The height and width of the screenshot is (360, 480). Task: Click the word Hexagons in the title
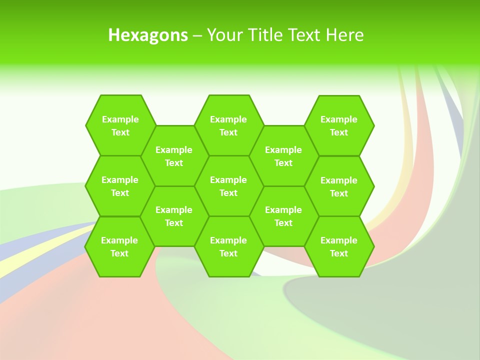[x=148, y=35]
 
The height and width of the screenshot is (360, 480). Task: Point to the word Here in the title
[x=345, y=35]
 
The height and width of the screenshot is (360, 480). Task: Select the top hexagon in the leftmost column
[x=120, y=125]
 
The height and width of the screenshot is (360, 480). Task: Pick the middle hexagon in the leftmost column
[x=120, y=186]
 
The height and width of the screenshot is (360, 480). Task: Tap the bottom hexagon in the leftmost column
[x=119, y=246]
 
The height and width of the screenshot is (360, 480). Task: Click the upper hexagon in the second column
[x=174, y=156]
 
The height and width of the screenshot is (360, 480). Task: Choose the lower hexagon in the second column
[x=174, y=216]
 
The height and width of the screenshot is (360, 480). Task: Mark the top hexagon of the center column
[x=228, y=125]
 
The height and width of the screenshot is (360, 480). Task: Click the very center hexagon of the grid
[x=228, y=186]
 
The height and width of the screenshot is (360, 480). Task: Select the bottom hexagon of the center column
[x=228, y=246]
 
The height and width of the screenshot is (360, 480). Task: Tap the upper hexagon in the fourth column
[x=283, y=156]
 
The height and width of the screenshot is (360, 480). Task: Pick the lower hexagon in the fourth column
[x=283, y=216]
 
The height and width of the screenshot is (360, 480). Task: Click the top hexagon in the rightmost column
[x=339, y=125]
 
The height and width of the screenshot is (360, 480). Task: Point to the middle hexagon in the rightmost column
[x=339, y=186]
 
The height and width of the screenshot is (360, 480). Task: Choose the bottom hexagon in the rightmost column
[x=339, y=246]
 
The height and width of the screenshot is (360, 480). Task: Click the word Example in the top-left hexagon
[x=120, y=119]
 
